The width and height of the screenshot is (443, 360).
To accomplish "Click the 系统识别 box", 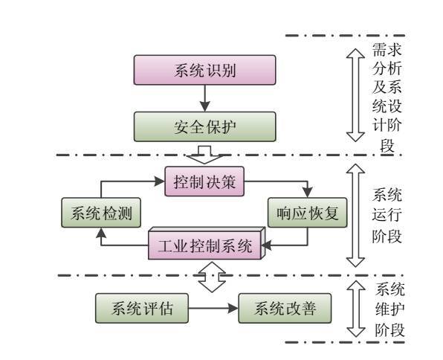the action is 205,70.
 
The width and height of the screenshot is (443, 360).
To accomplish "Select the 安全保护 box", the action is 205,126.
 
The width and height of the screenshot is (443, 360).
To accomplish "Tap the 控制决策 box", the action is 204,181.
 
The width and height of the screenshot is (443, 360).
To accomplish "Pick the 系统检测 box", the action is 101,213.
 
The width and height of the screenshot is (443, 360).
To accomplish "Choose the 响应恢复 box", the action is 308,213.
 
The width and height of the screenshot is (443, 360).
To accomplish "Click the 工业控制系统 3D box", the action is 207,243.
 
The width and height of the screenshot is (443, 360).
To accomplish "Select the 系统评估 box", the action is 142,308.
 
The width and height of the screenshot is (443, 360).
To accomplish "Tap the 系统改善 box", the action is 285,308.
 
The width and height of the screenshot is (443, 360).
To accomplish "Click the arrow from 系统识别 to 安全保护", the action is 205,98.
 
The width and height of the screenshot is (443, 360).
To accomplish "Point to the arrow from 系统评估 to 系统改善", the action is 213,308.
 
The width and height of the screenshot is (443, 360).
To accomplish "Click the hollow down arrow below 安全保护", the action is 204,155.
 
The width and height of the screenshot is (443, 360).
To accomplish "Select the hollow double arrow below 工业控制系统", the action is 212,277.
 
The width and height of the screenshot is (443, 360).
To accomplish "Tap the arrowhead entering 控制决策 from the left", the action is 159,181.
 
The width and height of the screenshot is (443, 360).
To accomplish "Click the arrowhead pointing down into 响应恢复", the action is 308,193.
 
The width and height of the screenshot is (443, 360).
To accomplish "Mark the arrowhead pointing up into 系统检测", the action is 101,233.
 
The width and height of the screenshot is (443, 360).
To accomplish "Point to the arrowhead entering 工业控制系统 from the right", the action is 266,245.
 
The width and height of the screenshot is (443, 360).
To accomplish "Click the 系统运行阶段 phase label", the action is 387,216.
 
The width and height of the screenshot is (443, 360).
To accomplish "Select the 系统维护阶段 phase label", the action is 390,310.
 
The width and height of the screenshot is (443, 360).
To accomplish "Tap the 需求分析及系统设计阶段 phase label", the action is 387,97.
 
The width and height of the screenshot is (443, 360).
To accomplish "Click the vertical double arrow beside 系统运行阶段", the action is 355,216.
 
